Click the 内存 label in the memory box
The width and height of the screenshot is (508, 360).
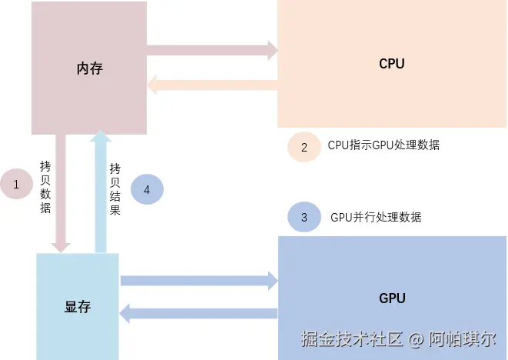(89, 68)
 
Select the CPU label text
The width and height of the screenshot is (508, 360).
(391, 64)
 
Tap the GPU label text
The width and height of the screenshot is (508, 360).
(392, 298)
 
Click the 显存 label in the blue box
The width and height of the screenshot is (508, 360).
(78, 307)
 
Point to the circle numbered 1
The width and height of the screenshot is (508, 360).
(15, 184)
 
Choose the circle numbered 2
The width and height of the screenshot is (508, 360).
(304, 148)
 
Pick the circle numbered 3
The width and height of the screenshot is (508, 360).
(304, 218)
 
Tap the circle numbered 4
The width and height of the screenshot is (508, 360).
(147, 188)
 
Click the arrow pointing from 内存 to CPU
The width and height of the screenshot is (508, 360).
(211, 51)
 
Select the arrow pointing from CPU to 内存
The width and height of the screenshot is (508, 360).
(211, 85)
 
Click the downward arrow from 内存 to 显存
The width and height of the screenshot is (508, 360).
(60, 192)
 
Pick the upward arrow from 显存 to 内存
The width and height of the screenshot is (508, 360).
(100, 192)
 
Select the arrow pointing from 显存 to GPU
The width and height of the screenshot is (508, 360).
(198, 281)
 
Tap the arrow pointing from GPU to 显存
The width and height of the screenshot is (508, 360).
(198, 313)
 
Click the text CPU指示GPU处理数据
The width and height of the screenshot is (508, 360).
(383, 145)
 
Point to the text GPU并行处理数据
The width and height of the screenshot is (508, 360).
(376, 217)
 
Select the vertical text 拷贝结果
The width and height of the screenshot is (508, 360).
(115, 188)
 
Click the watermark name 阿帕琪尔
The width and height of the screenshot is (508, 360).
(465, 338)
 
